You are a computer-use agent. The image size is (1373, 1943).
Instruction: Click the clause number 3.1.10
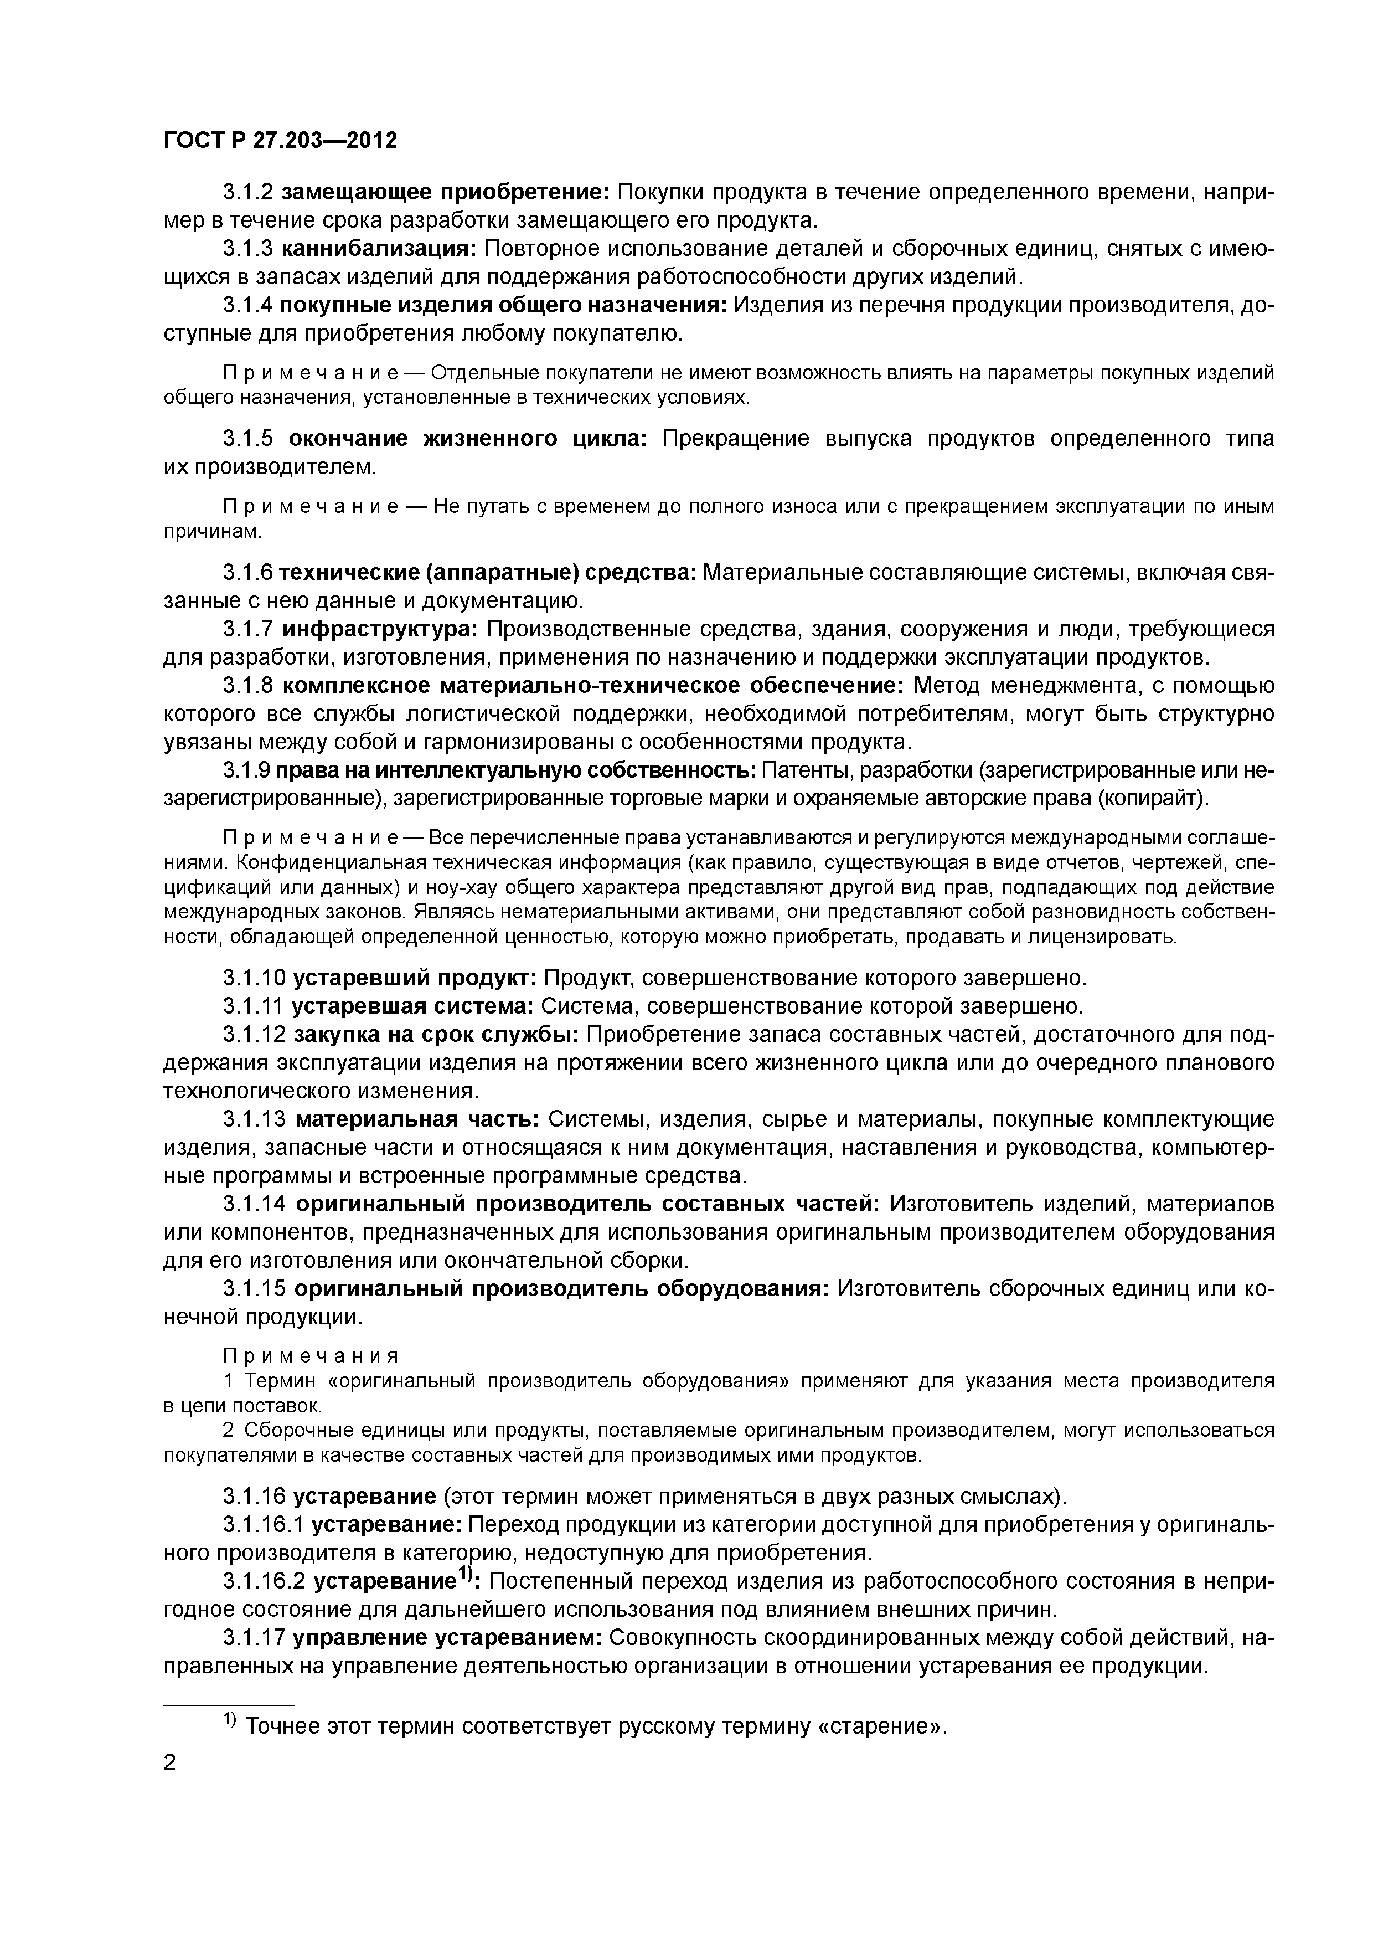coord(255,978)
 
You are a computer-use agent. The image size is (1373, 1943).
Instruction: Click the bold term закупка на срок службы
coord(436,1034)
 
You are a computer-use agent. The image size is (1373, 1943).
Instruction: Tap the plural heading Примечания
coord(311,1356)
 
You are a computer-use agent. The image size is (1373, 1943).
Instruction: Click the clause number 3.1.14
coord(255,1204)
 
